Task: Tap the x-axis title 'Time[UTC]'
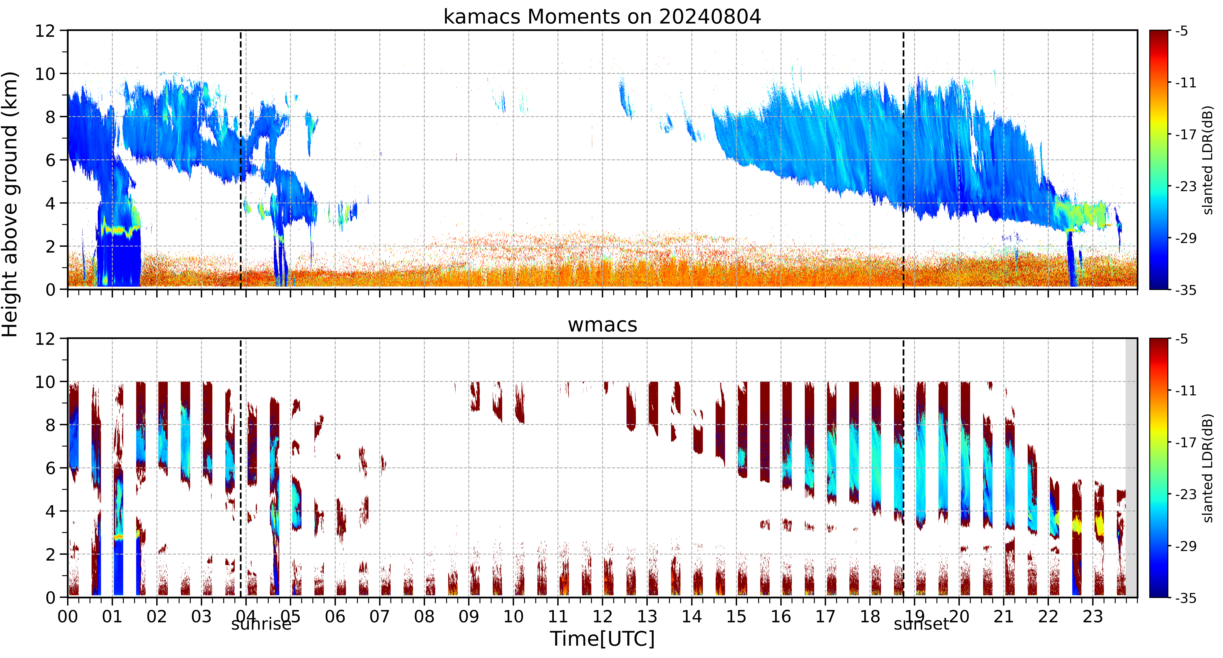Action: pos(602,639)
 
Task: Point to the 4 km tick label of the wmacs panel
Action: pos(50,511)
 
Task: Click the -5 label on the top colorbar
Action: pos(1182,31)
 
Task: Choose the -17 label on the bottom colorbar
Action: pos(1186,442)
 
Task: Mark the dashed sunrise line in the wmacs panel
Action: pos(241,468)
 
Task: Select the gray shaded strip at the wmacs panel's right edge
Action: pos(1131,468)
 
